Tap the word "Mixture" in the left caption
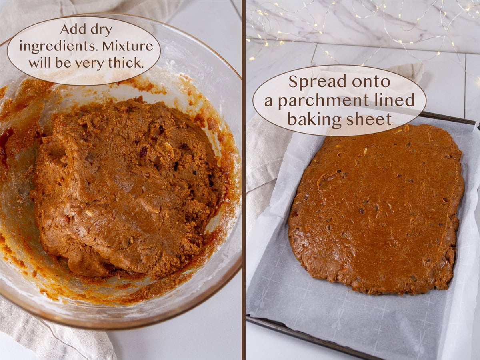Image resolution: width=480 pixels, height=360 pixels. tap(127, 46)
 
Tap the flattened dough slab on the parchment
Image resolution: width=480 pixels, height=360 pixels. tap(376, 208)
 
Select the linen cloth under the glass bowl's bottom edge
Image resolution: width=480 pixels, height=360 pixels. tap(52, 336)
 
